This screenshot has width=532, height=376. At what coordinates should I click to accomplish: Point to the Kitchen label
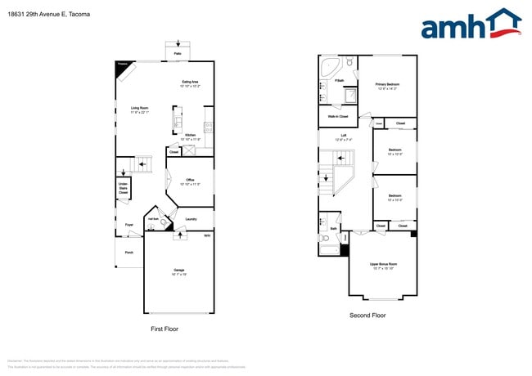190,136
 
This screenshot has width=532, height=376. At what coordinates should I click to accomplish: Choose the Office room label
190,181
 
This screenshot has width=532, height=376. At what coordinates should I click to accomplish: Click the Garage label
178,271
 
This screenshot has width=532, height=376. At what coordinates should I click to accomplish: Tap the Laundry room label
191,219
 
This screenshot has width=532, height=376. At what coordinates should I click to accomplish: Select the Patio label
178,53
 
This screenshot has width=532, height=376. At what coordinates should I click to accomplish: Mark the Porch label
128,253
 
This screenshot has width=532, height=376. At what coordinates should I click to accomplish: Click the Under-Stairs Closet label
123,189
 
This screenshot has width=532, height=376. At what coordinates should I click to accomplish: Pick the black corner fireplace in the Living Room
124,69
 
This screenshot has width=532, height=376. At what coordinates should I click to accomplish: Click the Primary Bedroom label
387,86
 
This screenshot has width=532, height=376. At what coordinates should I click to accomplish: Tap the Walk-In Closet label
338,117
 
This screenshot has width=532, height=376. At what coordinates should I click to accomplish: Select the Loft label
344,139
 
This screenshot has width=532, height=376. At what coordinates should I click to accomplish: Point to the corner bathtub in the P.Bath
331,65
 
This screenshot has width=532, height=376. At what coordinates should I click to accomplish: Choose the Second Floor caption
367,316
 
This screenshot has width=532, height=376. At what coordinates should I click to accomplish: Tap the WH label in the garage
206,235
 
